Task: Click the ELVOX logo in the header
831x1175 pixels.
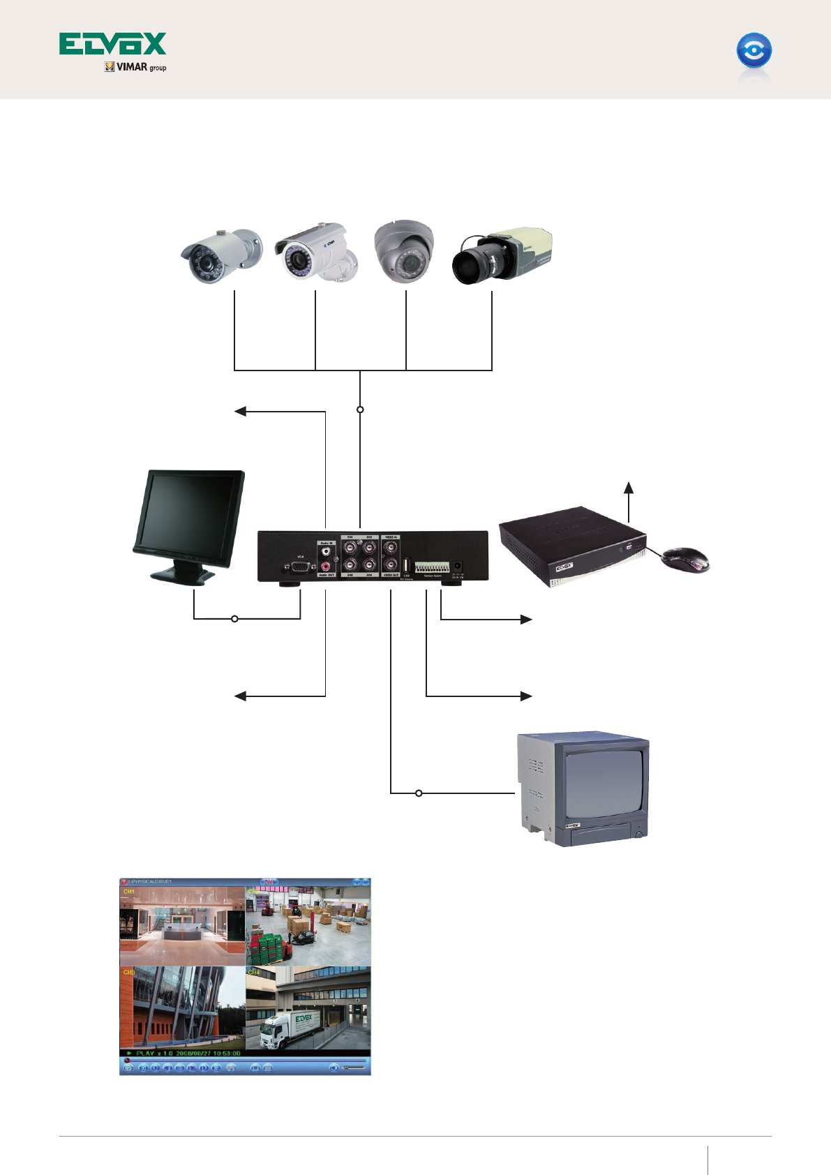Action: pyautogui.click(x=112, y=43)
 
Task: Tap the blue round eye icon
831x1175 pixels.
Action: pyautogui.click(x=754, y=51)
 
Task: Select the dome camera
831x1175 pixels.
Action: pyautogui.click(x=404, y=252)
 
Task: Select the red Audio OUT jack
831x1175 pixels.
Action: pyautogui.click(x=326, y=567)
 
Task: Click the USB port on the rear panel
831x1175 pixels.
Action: pyautogui.click(x=407, y=564)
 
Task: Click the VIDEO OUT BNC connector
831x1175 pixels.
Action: pyautogui.click(x=391, y=565)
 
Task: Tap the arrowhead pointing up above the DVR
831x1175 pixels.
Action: pyautogui.click(x=629, y=487)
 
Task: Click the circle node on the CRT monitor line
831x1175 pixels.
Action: pyautogui.click(x=419, y=793)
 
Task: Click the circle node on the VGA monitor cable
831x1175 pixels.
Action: pyautogui.click(x=234, y=619)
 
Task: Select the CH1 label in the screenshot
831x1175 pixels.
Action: pyautogui.click(x=129, y=892)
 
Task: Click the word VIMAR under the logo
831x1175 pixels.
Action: pyautogui.click(x=132, y=67)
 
